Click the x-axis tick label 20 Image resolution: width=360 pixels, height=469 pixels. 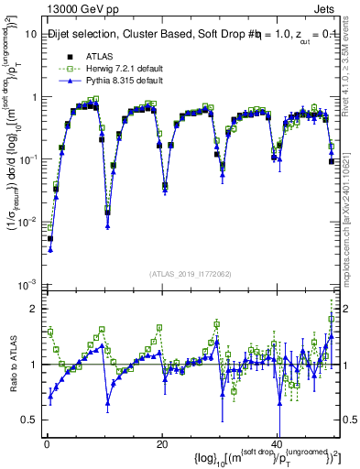pos(162,443)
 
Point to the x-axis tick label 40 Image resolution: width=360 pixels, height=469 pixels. pos(278,443)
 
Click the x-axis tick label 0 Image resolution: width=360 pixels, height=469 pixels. pos(46,443)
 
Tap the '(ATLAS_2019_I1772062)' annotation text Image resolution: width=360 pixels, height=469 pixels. pos(190,274)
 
